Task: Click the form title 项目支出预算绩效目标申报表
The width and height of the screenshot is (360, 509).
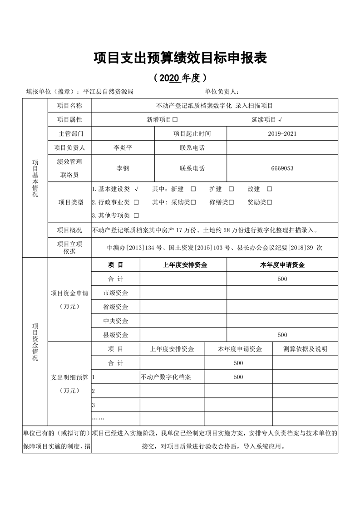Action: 180,58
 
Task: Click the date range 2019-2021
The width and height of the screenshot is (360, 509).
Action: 282,134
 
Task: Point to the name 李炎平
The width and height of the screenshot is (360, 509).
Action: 123,148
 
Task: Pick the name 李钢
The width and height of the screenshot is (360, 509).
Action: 123,168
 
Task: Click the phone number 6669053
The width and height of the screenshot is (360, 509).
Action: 282,168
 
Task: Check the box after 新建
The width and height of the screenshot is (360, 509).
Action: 193,189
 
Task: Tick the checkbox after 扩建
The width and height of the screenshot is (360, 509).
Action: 231,189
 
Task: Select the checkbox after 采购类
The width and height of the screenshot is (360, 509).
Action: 193,202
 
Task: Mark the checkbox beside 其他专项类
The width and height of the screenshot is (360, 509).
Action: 136,215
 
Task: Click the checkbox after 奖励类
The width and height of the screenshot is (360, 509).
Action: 269,202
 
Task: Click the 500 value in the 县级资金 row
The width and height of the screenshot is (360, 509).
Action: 282,335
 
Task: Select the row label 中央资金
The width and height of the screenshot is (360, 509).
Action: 115,321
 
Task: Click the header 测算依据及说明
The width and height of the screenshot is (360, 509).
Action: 305,349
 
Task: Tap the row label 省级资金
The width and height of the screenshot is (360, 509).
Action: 115,307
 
